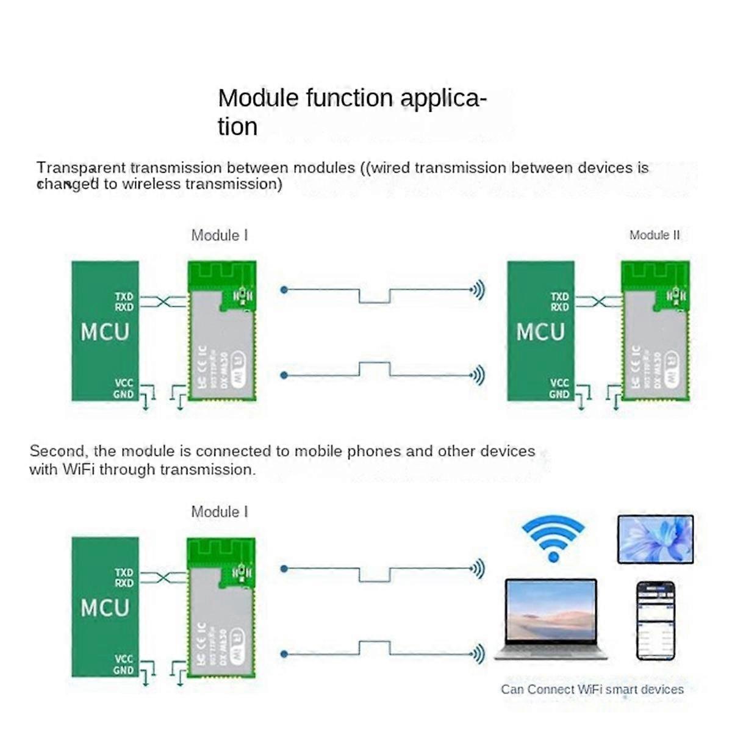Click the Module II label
tap(654, 235)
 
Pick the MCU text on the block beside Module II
tap(540, 332)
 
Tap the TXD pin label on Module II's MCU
tap(559, 297)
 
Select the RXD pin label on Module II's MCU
tap(559, 307)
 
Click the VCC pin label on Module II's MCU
tap(559, 383)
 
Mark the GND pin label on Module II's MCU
tap(559, 394)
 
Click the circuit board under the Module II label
tap(655, 331)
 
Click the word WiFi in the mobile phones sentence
tap(78, 470)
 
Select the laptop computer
tap(551, 619)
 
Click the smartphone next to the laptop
tap(656, 621)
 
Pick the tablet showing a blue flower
tap(655, 539)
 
